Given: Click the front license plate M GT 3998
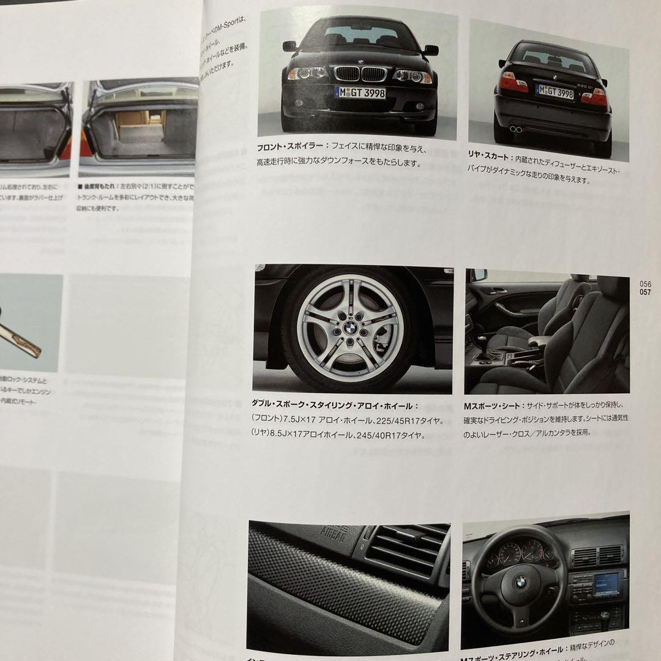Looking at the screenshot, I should click(360, 92).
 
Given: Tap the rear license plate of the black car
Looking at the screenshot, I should click(555, 92).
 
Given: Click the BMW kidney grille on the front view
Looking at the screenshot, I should click(361, 74).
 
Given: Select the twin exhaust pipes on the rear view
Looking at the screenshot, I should click(516, 129).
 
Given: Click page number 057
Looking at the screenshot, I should click(645, 292).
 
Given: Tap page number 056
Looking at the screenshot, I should click(645, 284).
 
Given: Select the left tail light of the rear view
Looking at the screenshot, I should click(513, 83).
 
